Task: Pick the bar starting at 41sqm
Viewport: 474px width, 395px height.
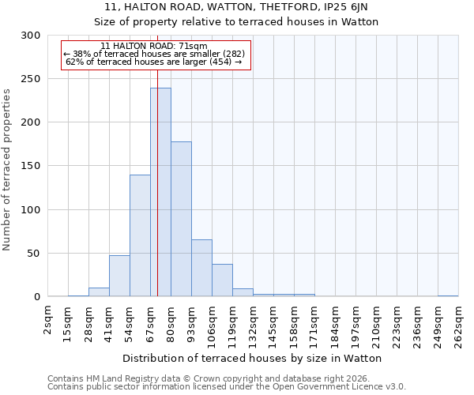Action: coord(119,276)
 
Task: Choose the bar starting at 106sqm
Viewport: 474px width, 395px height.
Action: coord(222,280)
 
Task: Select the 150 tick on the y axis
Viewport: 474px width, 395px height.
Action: coord(31,167)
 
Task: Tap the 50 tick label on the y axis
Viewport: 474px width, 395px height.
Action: coord(34,254)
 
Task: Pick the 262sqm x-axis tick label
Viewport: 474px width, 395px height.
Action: coord(459,324)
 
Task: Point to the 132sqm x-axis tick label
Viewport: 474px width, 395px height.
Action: coord(254,324)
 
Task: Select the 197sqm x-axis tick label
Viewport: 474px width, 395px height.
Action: coord(356,324)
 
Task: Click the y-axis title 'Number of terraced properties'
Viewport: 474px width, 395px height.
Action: coord(7,170)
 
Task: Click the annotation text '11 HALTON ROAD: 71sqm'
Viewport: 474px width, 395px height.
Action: coord(155,46)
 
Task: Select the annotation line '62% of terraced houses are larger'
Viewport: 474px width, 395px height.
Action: coord(155,62)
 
